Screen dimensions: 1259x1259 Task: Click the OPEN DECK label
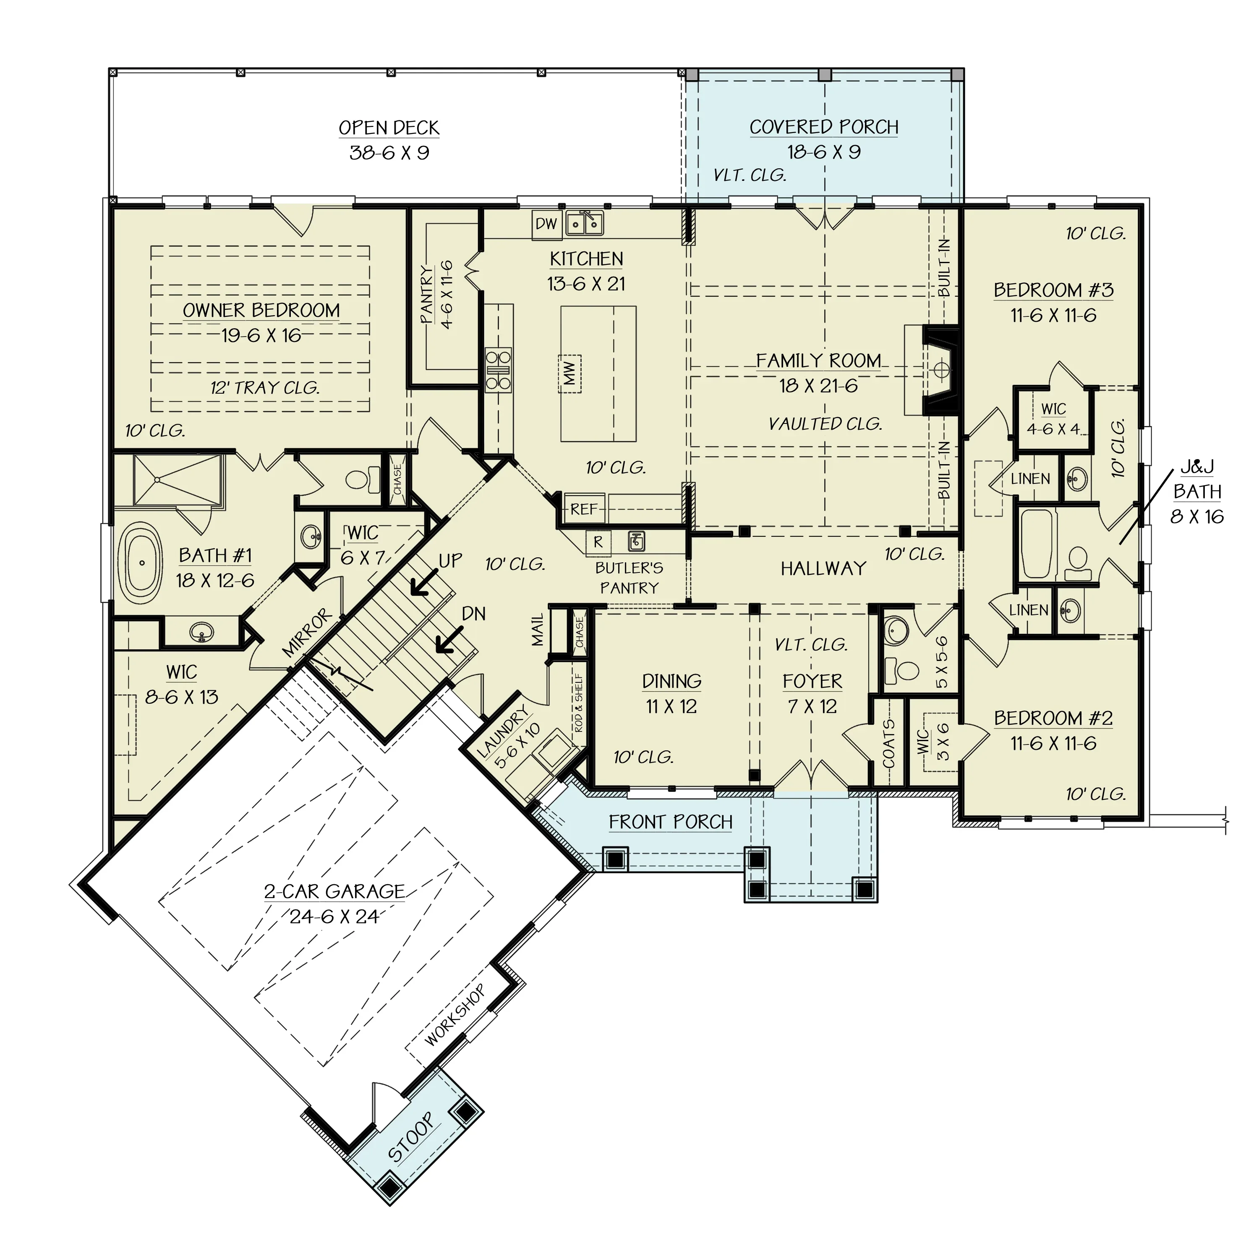[x=389, y=128]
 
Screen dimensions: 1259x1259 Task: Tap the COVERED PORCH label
[x=824, y=127]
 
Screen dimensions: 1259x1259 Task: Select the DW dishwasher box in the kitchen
[x=546, y=224]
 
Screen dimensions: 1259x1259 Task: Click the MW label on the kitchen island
[x=569, y=374]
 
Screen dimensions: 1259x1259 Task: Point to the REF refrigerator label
[x=583, y=509]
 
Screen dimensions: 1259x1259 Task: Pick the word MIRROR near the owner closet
[x=307, y=633]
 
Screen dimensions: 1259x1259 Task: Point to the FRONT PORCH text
[x=671, y=823]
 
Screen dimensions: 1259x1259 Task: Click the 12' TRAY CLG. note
[x=264, y=388]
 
